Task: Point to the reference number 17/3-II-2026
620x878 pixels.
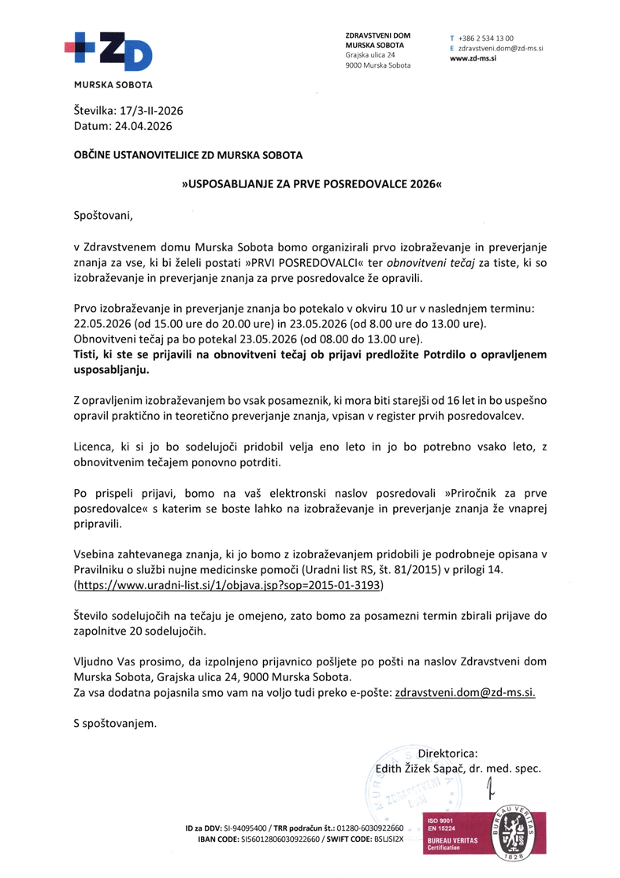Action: (x=150, y=111)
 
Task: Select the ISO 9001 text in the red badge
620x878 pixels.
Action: (x=437, y=819)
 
